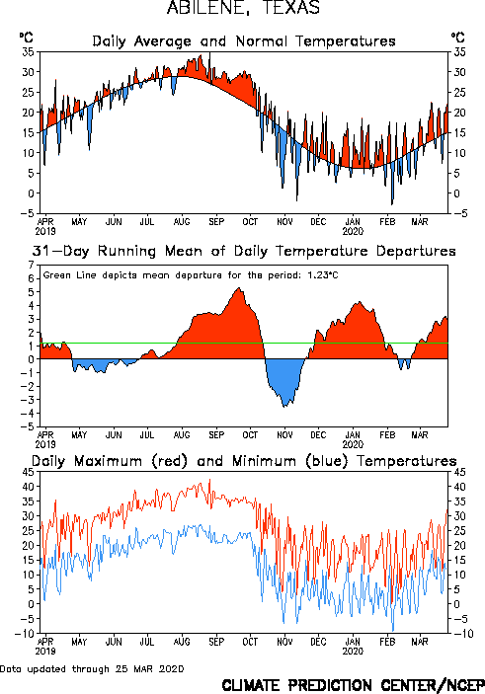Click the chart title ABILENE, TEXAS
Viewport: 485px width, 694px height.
(243, 8)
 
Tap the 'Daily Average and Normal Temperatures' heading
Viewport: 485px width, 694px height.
(244, 41)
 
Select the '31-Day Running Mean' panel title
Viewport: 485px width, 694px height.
(244, 251)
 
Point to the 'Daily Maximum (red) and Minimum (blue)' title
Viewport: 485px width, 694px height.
(244, 461)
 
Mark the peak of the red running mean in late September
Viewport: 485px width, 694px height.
(239, 288)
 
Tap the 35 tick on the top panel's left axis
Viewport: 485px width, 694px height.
(28, 51)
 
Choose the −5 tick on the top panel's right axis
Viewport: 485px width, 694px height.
(458, 214)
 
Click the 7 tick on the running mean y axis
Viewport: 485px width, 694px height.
(31, 265)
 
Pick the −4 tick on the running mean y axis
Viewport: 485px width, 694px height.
(28, 414)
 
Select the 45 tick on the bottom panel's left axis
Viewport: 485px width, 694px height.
(28, 472)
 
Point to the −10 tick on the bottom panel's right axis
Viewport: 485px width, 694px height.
(462, 634)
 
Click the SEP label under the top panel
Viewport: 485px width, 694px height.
(216, 221)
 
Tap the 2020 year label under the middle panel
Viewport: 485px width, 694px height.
(353, 444)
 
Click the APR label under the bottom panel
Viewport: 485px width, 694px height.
(45, 642)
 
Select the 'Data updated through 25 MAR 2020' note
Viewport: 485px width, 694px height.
(92, 668)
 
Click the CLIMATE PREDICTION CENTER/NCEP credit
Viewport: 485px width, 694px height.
(353, 685)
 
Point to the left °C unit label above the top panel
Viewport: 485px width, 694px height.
(26, 38)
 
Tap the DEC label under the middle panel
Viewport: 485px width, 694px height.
(318, 434)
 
